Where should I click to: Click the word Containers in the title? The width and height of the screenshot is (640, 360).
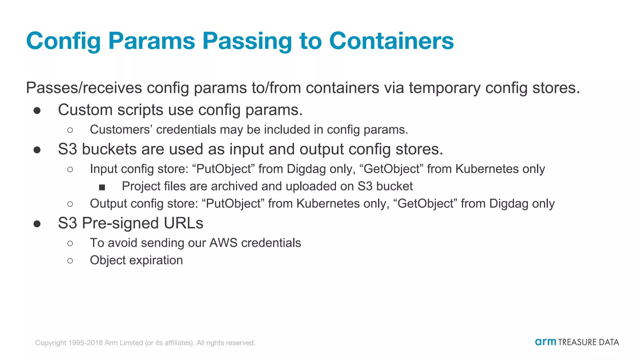click(391, 41)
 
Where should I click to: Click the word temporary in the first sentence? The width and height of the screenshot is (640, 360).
click(444, 88)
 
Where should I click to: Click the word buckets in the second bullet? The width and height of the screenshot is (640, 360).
click(109, 149)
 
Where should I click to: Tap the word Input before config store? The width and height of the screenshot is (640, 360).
click(103, 169)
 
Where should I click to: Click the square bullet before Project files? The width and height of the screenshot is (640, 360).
click(102, 187)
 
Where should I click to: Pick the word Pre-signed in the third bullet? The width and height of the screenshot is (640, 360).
click(120, 223)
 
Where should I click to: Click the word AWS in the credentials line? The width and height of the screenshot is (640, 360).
click(223, 243)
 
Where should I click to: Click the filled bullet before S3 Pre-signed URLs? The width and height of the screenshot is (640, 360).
click(37, 224)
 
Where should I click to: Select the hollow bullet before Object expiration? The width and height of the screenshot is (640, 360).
click(70, 261)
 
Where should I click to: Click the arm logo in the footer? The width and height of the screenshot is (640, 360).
click(545, 342)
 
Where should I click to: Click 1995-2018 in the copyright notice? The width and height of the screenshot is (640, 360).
click(85, 343)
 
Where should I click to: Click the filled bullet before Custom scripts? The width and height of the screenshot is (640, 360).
click(37, 111)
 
